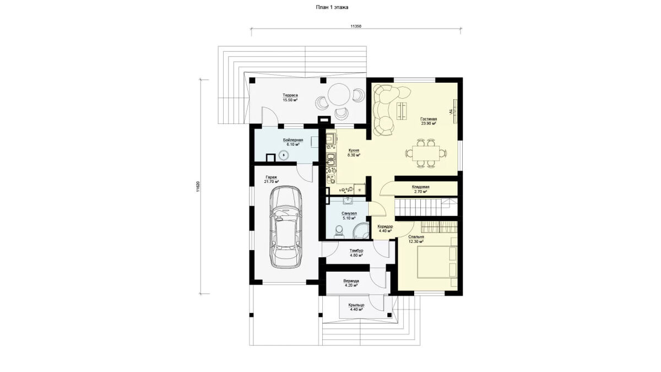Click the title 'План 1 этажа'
coord(332,7)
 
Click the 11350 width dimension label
coord(356,26)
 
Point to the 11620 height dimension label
coord(198,187)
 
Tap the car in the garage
coord(286,227)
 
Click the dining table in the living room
coord(426,153)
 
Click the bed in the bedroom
coord(437,261)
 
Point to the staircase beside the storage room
coord(426,207)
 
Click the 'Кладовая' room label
coord(420,187)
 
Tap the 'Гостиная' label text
coord(429,119)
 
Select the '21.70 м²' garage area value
coord(272,182)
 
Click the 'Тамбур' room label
coord(356,251)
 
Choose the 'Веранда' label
coord(351,281)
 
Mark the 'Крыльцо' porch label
coord(356,305)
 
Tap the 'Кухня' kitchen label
coord(354,150)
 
